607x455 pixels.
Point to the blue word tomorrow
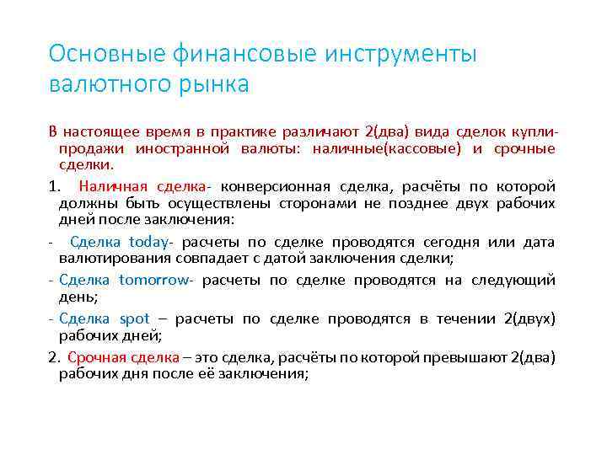point(154,280)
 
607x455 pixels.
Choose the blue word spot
point(134,318)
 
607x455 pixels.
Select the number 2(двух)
point(529,318)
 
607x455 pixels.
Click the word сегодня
point(424,242)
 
